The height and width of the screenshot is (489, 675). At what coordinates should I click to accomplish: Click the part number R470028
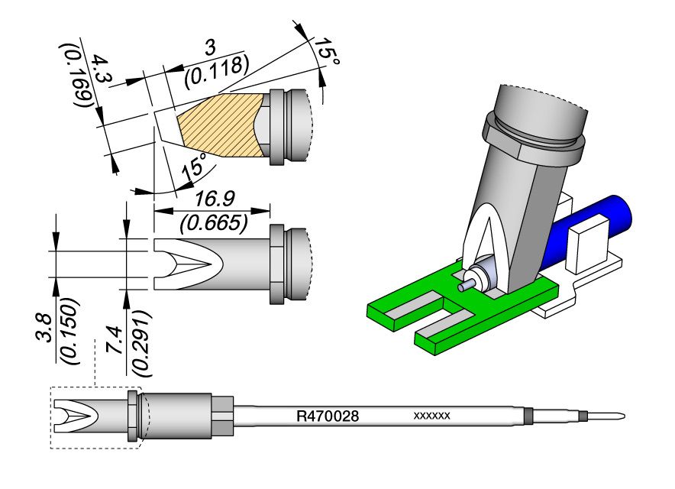tap(328, 417)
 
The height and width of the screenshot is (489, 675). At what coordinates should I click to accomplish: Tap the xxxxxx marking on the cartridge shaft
tap(431, 416)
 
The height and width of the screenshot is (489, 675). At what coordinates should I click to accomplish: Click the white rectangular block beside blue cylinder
tap(588, 244)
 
